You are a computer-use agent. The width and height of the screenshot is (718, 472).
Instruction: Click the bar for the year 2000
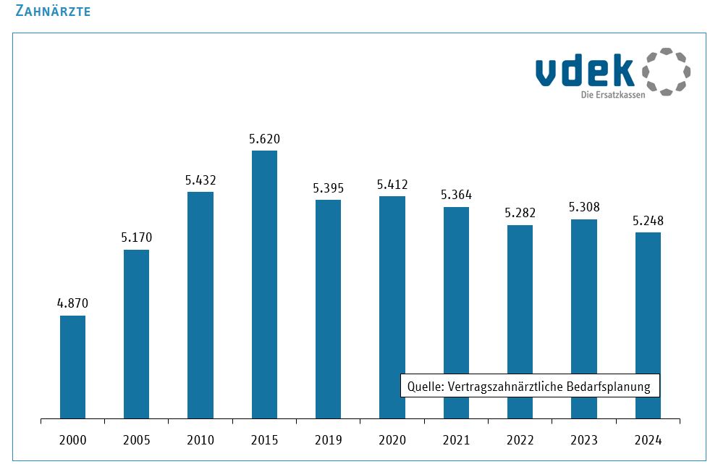(x=72, y=367)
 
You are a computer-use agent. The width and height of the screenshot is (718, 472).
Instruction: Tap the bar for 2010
(x=200, y=305)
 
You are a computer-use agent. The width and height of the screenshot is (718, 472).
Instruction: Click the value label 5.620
(x=264, y=139)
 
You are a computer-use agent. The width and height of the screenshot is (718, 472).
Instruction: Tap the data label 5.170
(x=137, y=237)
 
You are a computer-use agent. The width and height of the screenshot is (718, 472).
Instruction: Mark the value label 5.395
(x=328, y=188)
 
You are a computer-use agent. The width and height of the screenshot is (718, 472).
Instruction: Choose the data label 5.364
(x=456, y=195)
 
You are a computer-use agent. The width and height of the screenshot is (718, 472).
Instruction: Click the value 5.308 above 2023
(x=584, y=207)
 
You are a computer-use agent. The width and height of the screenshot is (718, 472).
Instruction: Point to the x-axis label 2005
(x=137, y=439)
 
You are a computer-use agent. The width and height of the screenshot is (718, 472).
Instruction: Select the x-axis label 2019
(x=328, y=439)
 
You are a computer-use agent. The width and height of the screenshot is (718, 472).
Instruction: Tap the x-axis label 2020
(x=392, y=439)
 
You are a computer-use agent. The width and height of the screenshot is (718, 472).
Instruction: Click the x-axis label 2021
(x=456, y=439)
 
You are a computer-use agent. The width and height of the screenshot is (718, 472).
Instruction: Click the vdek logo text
(x=584, y=71)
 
